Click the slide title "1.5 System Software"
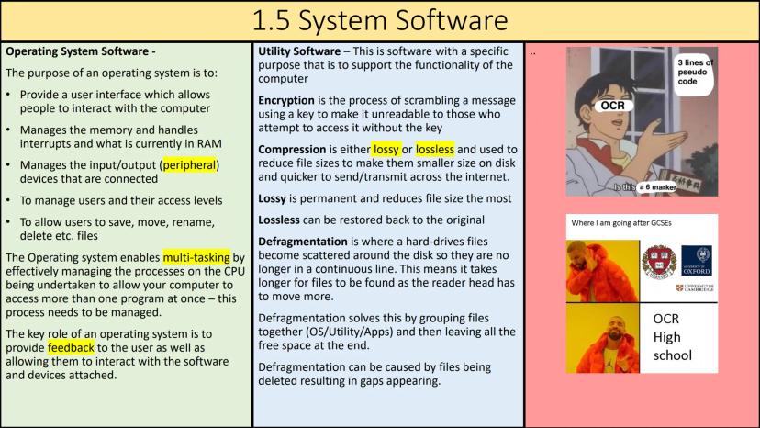tap(380, 21)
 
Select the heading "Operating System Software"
tap(77, 51)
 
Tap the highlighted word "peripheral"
tap(189, 165)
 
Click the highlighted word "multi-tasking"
tap(196, 257)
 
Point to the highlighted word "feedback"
tap(71, 348)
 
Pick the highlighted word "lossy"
tap(386, 150)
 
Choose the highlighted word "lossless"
tap(435, 150)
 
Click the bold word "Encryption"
tap(286, 100)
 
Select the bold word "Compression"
tap(292, 150)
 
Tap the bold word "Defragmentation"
tap(303, 242)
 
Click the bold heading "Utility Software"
tap(299, 51)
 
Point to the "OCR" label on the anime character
tap(612, 106)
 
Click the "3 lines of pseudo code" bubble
tap(695, 73)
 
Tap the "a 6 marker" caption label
tap(657, 187)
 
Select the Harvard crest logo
tap(659, 262)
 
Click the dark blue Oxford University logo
tap(697, 261)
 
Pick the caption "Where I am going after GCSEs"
tap(620, 223)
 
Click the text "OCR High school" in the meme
tap(672, 337)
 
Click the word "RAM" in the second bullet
tap(209, 144)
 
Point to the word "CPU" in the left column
tap(234, 271)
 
